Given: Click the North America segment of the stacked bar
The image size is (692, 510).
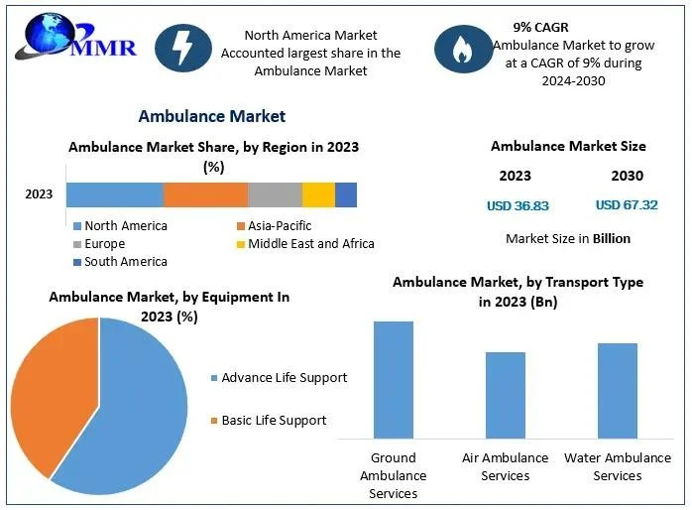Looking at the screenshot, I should coord(115,194).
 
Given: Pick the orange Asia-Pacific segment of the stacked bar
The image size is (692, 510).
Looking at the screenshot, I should coord(205,194).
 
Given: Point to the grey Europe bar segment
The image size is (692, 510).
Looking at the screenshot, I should coord(275,194).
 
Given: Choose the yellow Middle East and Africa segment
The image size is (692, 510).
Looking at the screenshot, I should coord(318,194).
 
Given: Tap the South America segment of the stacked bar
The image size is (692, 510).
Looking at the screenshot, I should coord(346,194).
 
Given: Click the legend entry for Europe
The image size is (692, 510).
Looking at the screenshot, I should coord(104,244).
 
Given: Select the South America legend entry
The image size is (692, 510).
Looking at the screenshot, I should coord(125,262).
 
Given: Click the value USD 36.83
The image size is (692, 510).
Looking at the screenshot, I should coord(518,206).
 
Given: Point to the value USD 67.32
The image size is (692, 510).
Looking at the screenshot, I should coord(627,205).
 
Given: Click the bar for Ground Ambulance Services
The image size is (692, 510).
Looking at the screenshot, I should coord(393,379).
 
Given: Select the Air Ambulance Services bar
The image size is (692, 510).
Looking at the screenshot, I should coord(505,394).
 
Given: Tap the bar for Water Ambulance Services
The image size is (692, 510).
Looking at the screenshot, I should coord(618,390).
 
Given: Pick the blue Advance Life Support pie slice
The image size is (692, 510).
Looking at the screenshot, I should coord(134,407).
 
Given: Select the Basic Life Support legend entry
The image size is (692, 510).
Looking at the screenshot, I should coord(274,421).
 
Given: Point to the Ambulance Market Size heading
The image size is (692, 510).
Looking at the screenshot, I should coord(568,146).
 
